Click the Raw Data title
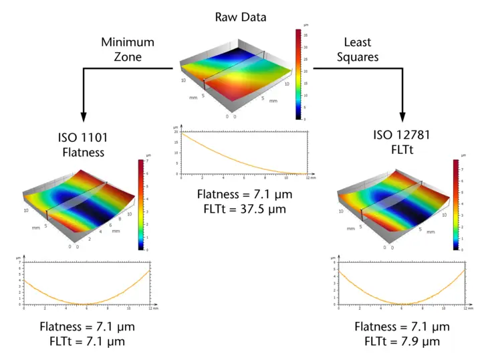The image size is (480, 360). coord(240,17)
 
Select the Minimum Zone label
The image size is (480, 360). coord(128,50)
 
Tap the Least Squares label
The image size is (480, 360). coord(361,50)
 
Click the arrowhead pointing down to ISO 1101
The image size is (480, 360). coord(84,115)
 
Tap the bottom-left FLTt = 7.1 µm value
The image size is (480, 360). coord(87,341)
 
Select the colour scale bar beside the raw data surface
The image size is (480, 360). coord(298,74)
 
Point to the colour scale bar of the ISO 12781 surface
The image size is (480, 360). coord(456,205)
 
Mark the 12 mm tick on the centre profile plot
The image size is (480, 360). coord(307,177)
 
